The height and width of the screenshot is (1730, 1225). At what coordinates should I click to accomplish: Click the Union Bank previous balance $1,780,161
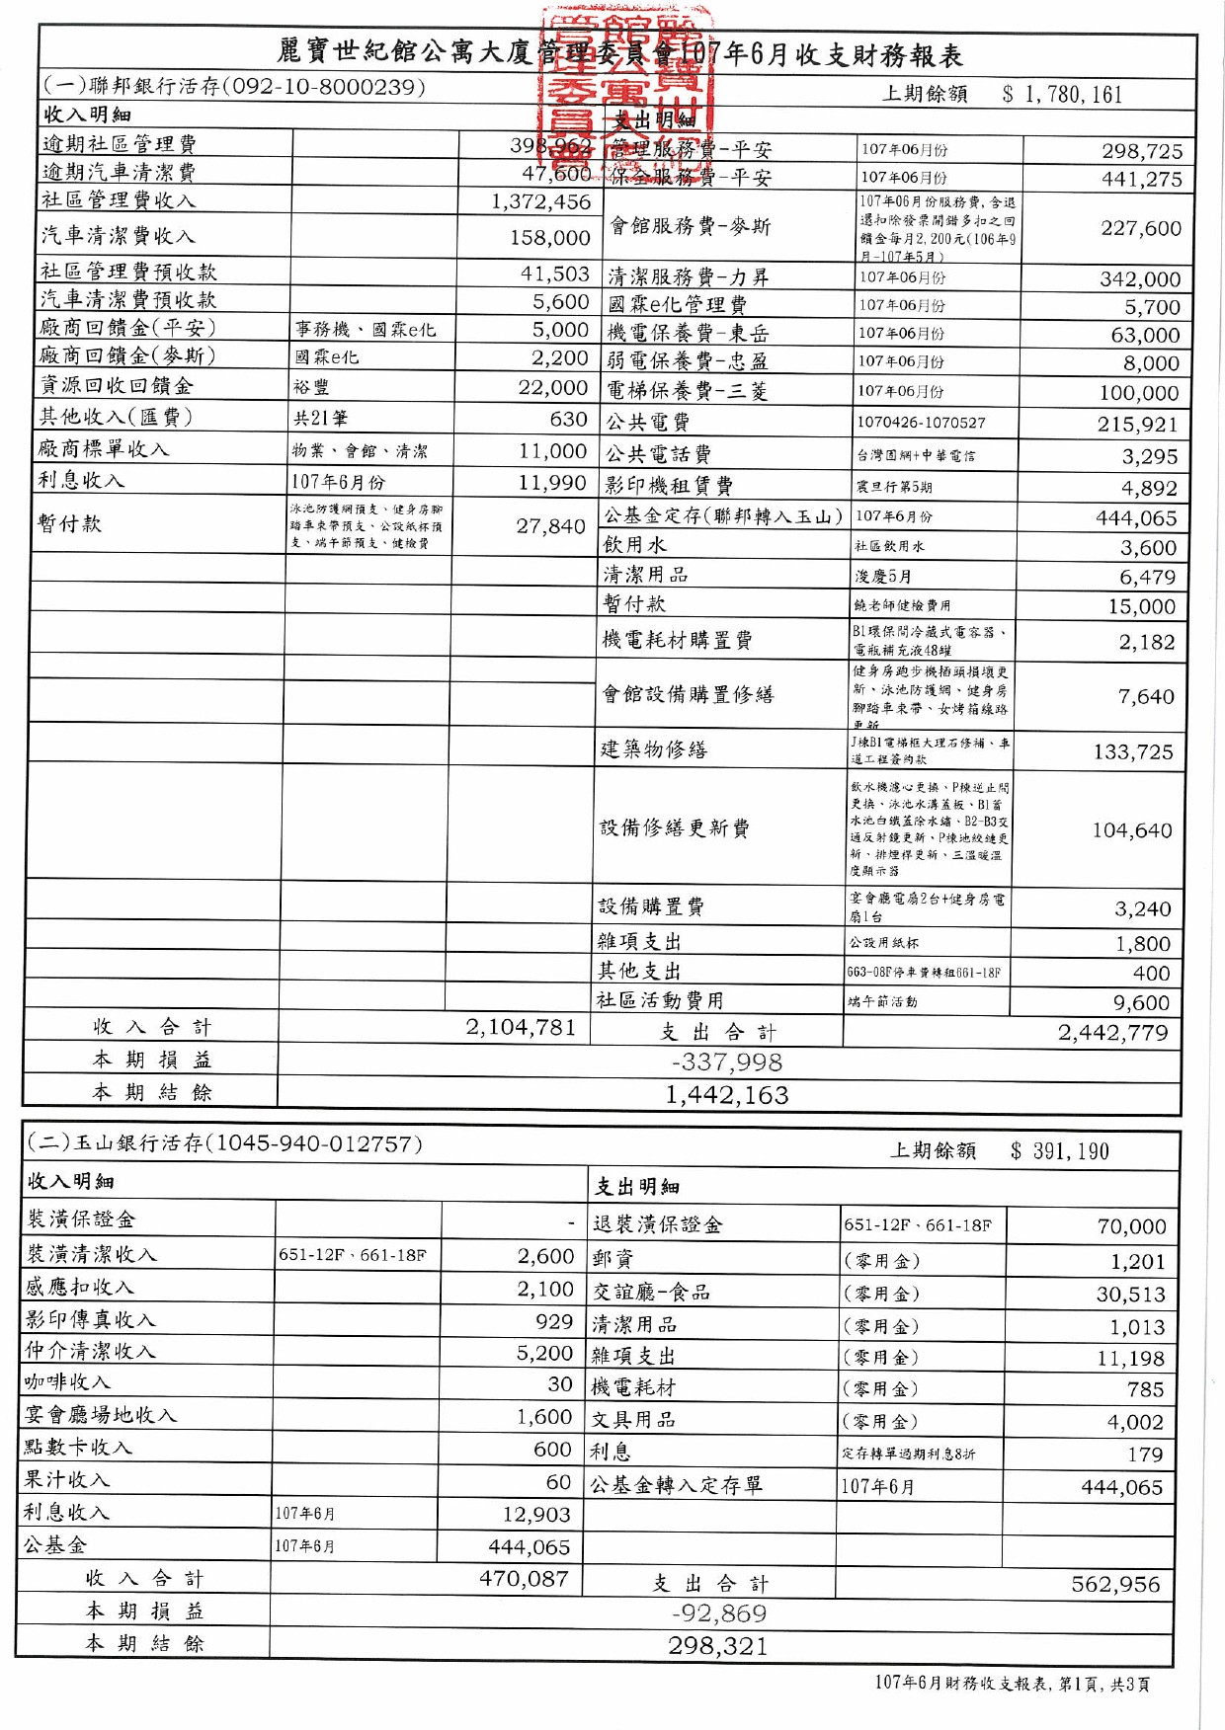tap(1061, 95)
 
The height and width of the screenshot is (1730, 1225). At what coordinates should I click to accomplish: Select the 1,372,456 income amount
tap(541, 202)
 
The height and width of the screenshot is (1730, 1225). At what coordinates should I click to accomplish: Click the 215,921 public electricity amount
tap(1137, 425)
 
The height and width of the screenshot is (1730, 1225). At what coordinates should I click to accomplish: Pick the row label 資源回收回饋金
tap(116, 386)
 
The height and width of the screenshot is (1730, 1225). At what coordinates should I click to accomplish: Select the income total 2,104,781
tap(521, 1028)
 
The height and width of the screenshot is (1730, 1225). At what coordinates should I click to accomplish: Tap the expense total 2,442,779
tap(1112, 1033)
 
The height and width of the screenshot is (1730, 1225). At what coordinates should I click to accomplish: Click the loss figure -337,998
tap(727, 1062)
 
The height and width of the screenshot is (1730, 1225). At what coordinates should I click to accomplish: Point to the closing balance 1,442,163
tap(727, 1095)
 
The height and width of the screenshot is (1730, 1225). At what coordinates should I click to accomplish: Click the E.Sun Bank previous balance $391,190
tap(1059, 1151)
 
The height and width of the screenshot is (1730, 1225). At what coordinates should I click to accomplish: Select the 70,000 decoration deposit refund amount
tap(1131, 1226)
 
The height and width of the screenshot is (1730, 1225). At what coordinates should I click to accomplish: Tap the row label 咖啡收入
tap(67, 1382)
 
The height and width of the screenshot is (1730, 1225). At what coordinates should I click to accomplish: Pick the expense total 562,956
tap(1115, 1585)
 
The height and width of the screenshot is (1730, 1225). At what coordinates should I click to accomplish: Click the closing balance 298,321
tap(718, 1646)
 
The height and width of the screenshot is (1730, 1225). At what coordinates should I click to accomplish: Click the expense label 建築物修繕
tap(654, 749)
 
